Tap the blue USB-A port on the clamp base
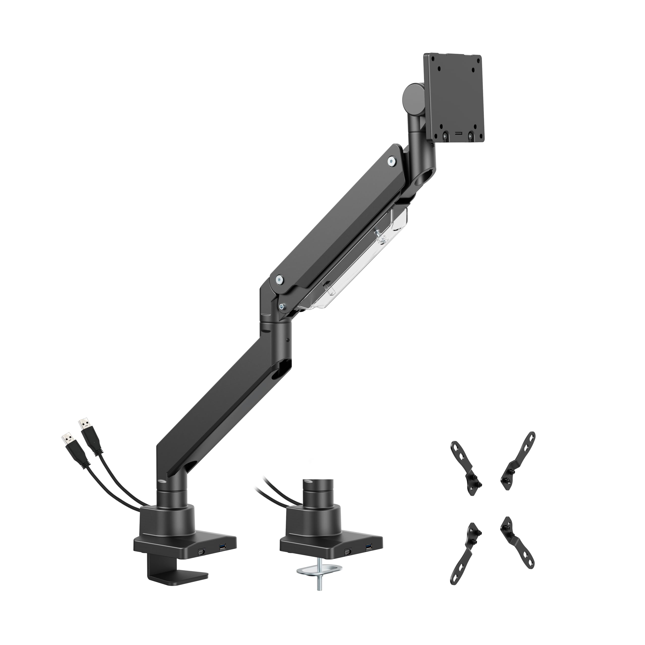(x=222, y=546)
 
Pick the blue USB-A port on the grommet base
(x=368, y=546)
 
